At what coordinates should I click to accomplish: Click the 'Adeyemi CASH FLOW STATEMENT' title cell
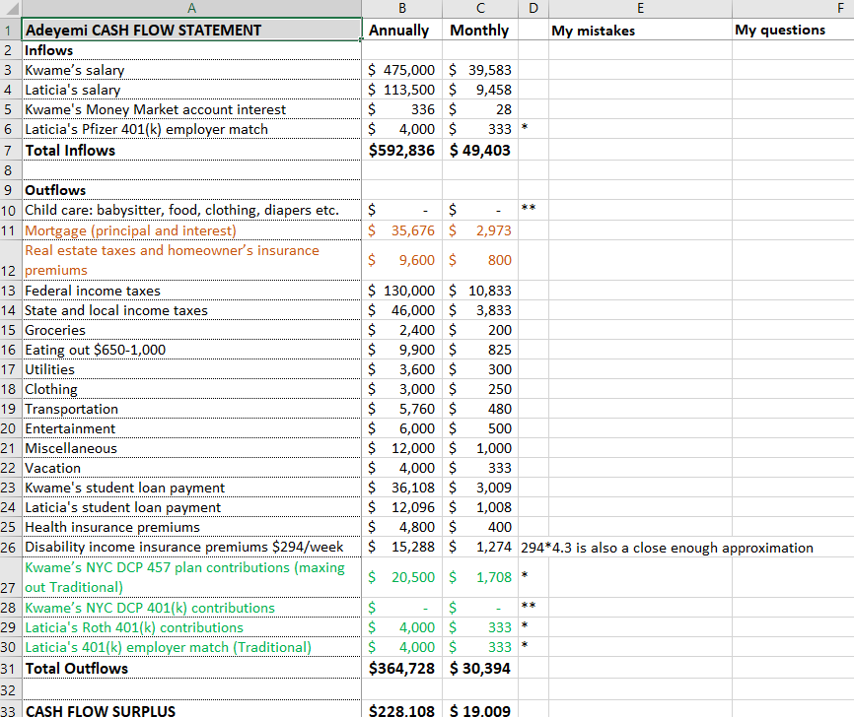pos(143,30)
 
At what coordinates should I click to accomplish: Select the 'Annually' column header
pos(399,30)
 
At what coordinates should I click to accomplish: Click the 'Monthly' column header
pos(479,30)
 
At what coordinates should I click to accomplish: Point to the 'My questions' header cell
pos(780,31)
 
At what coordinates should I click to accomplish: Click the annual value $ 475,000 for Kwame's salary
pos(401,70)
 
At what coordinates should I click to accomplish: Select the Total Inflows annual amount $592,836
pos(401,150)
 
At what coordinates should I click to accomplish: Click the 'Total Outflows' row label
pos(77,668)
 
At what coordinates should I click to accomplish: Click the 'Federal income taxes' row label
pos(93,291)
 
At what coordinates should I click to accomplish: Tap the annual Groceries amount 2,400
pos(413,330)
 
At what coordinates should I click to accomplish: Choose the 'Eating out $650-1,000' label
pos(96,350)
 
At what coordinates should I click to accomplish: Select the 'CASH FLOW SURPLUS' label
pos(101,710)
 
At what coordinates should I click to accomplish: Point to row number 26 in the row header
pos(10,547)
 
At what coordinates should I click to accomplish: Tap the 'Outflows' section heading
pos(55,190)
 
